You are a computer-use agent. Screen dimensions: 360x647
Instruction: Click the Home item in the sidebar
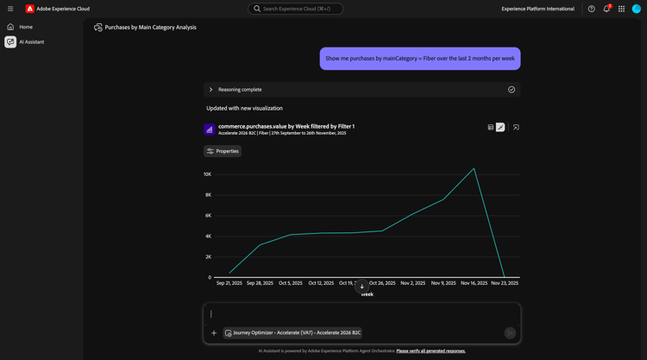[x=26, y=27]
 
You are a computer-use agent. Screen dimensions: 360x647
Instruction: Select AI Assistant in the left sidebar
[x=31, y=41]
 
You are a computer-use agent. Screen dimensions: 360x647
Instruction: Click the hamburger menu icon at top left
[x=10, y=9]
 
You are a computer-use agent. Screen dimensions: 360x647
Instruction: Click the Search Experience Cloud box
[x=296, y=9]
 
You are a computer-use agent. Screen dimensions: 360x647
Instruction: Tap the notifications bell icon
[x=606, y=9]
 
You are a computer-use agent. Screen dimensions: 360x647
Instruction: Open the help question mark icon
[x=592, y=9]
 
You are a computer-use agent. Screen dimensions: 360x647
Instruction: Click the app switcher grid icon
[x=621, y=9]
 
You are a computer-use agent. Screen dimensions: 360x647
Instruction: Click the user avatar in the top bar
[x=637, y=9]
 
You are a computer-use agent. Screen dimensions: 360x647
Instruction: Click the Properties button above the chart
[x=223, y=151]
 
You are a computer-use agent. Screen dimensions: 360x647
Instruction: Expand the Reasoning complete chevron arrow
[x=210, y=90]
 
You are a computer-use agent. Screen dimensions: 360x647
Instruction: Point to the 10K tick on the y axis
[x=208, y=174]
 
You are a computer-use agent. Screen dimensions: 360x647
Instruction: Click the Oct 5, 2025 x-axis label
[x=291, y=283]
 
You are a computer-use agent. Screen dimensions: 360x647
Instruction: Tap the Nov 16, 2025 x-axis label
[x=474, y=283]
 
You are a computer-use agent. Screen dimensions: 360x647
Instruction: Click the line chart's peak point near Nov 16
[x=474, y=168]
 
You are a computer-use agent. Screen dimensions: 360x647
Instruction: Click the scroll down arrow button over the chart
[x=362, y=286]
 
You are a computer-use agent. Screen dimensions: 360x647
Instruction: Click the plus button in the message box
[x=214, y=332]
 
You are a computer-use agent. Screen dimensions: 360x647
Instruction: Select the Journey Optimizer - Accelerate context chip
[x=293, y=332]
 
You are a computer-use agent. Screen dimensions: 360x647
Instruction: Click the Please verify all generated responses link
[x=430, y=351]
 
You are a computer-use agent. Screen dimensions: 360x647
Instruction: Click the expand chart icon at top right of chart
[x=516, y=127]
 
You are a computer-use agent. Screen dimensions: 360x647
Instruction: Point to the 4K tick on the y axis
[x=208, y=237]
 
